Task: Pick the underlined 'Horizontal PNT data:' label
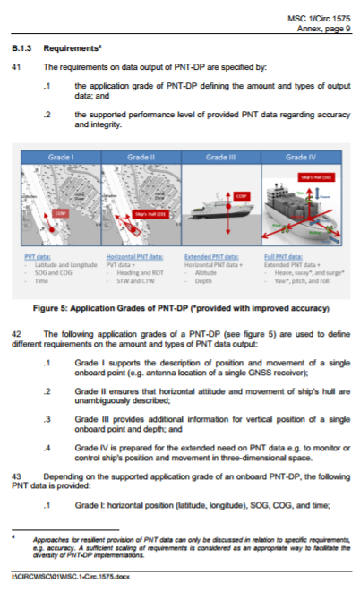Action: pos(133,255)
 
